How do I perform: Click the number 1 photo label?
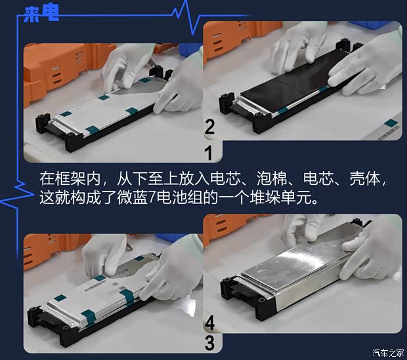[209, 153]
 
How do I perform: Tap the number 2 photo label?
[209, 127]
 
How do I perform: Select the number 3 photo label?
[209, 342]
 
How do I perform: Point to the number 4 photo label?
[209, 323]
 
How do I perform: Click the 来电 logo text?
[40, 14]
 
